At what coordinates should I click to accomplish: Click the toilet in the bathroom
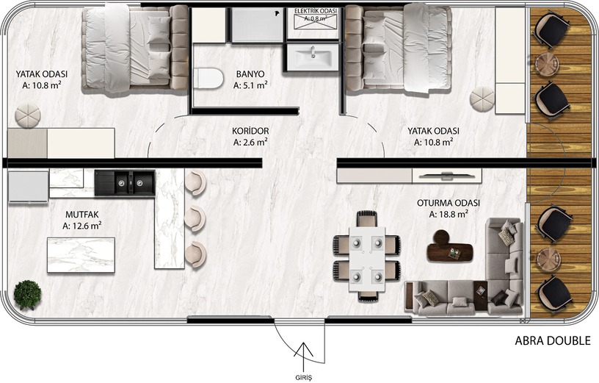pyautogui.click(x=208, y=78)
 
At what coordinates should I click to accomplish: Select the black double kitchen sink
pyautogui.click(x=125, y=182)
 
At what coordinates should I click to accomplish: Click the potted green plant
pyautogui.click(x=27, y=295)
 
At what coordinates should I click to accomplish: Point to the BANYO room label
pyautogui.click(x=250, y=74)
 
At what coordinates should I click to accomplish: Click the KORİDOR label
pyautogui.click(x=250, y=131)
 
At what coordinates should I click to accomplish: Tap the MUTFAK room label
pyautogui.click(x=82, y=214)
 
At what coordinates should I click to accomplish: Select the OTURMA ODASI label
pyautogui.click(x=449, y=203)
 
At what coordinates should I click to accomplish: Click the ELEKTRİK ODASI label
pyautogui.click(x=316, y=11)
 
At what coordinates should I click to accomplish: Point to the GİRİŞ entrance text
pyautogui.click(x=304, y=377)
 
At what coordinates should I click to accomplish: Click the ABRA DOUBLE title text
pyautogui.click(x=553, y=340)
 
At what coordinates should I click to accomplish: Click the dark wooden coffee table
pyautogui.click(x=450, y=248)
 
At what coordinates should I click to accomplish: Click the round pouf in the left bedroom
pyautogui.click(x=27, y=115)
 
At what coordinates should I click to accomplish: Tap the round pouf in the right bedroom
pyautogui.click(x=482, y=99)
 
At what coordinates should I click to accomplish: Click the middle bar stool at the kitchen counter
pyautogui.click(x=195, y=218)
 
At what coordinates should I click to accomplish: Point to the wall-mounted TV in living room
pyautogui.click(x=446, y=176)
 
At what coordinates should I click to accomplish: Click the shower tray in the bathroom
pyautogui.click(x=258, y=25)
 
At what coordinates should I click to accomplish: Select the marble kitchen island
pyautogui.click(x=81, y=255)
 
